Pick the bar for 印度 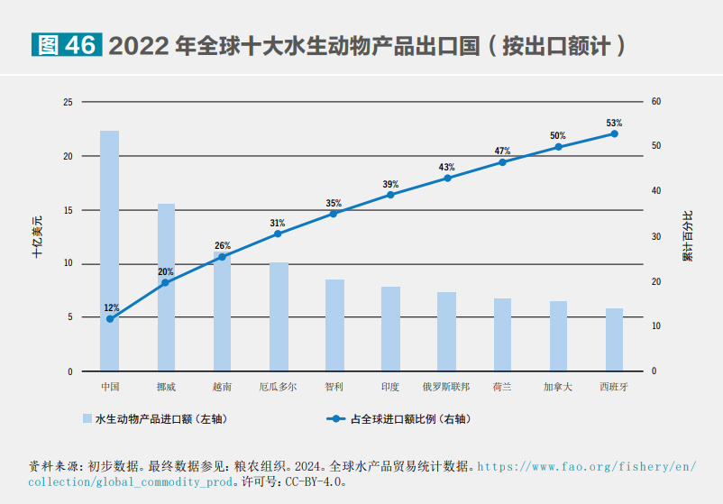[x=390, y=328]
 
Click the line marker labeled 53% [x=614, y=133]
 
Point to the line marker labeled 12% [x=110, y=318]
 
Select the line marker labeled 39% [x=390, y=195]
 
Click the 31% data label [x=277, y=223]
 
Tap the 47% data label [x=502, y=151]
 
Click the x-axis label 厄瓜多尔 [x=278, y=387]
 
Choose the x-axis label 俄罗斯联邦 [x=446, y=387]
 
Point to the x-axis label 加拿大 [x=558, y=387]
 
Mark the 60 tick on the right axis [x=655, y=102]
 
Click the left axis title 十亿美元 [x=37, y=237]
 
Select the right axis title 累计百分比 [x=688, y=236]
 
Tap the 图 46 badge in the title [x=65, y=45]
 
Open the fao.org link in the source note [x=586, y=467]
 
